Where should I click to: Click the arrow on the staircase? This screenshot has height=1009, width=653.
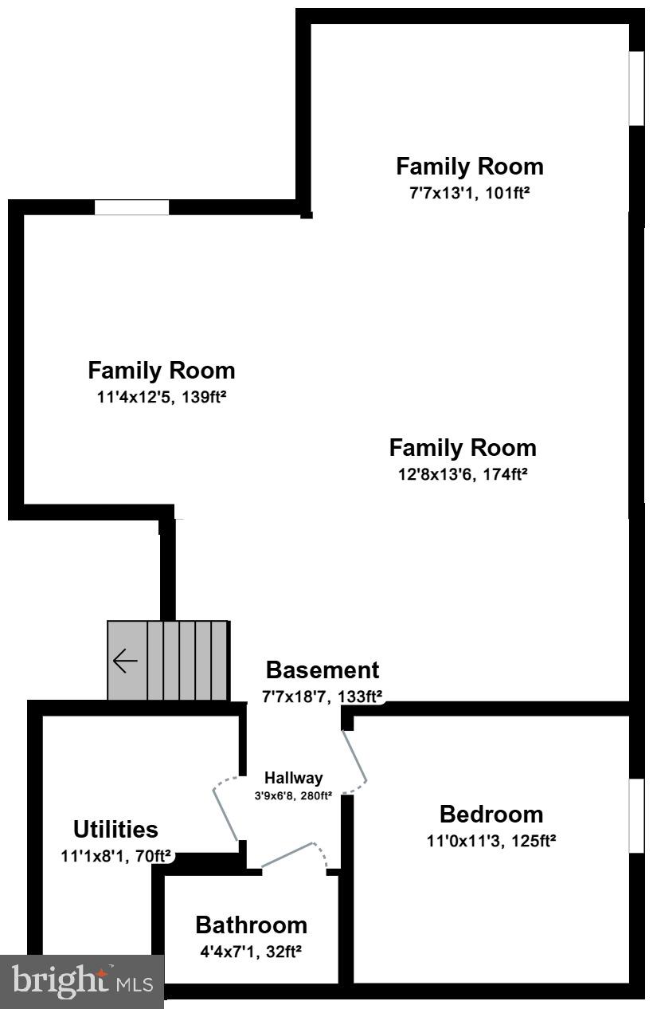125,661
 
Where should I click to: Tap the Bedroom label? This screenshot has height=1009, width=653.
491,814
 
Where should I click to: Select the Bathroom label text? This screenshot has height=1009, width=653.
251,925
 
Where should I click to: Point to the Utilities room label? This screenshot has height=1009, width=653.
115,829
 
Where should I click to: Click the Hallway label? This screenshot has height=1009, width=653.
294,778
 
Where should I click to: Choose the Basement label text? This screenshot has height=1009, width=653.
323,669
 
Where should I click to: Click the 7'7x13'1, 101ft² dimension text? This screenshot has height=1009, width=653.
470,193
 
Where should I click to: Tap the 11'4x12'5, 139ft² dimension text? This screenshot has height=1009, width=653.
162,396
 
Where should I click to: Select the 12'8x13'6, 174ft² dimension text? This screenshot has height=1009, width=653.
463,473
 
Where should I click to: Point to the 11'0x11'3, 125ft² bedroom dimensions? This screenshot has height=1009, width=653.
491,840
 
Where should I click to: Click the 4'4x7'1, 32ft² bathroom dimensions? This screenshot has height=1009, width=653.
251,950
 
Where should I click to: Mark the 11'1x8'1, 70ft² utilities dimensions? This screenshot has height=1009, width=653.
116,856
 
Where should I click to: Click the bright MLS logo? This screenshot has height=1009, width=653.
81,980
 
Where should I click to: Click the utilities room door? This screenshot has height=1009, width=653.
225,813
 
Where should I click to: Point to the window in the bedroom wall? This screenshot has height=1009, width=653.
636,815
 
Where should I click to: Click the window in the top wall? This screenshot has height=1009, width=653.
131,207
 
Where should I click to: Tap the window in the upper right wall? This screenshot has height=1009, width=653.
636,88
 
